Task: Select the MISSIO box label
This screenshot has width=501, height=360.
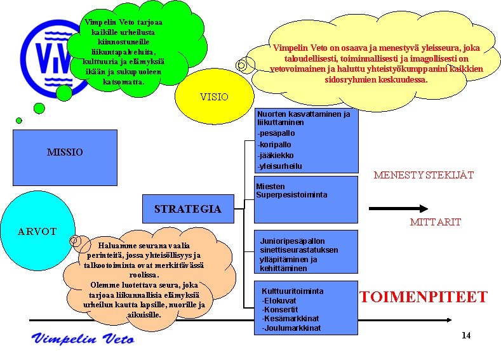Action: (x=65, y=152)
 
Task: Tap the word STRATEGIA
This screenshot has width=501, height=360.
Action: (x=187, y=209)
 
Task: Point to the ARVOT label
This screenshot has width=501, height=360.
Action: (x=37, y=232)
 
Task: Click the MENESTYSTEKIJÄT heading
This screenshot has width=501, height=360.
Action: (x=424, y=175)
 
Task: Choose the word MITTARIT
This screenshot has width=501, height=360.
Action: (x=435, y=222)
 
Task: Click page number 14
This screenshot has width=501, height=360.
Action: (x=466, y=335)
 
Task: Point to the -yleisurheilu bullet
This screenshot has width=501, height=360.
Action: (x=279, y=166)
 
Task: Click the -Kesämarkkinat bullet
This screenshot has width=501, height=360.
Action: (x=290, y=319)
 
